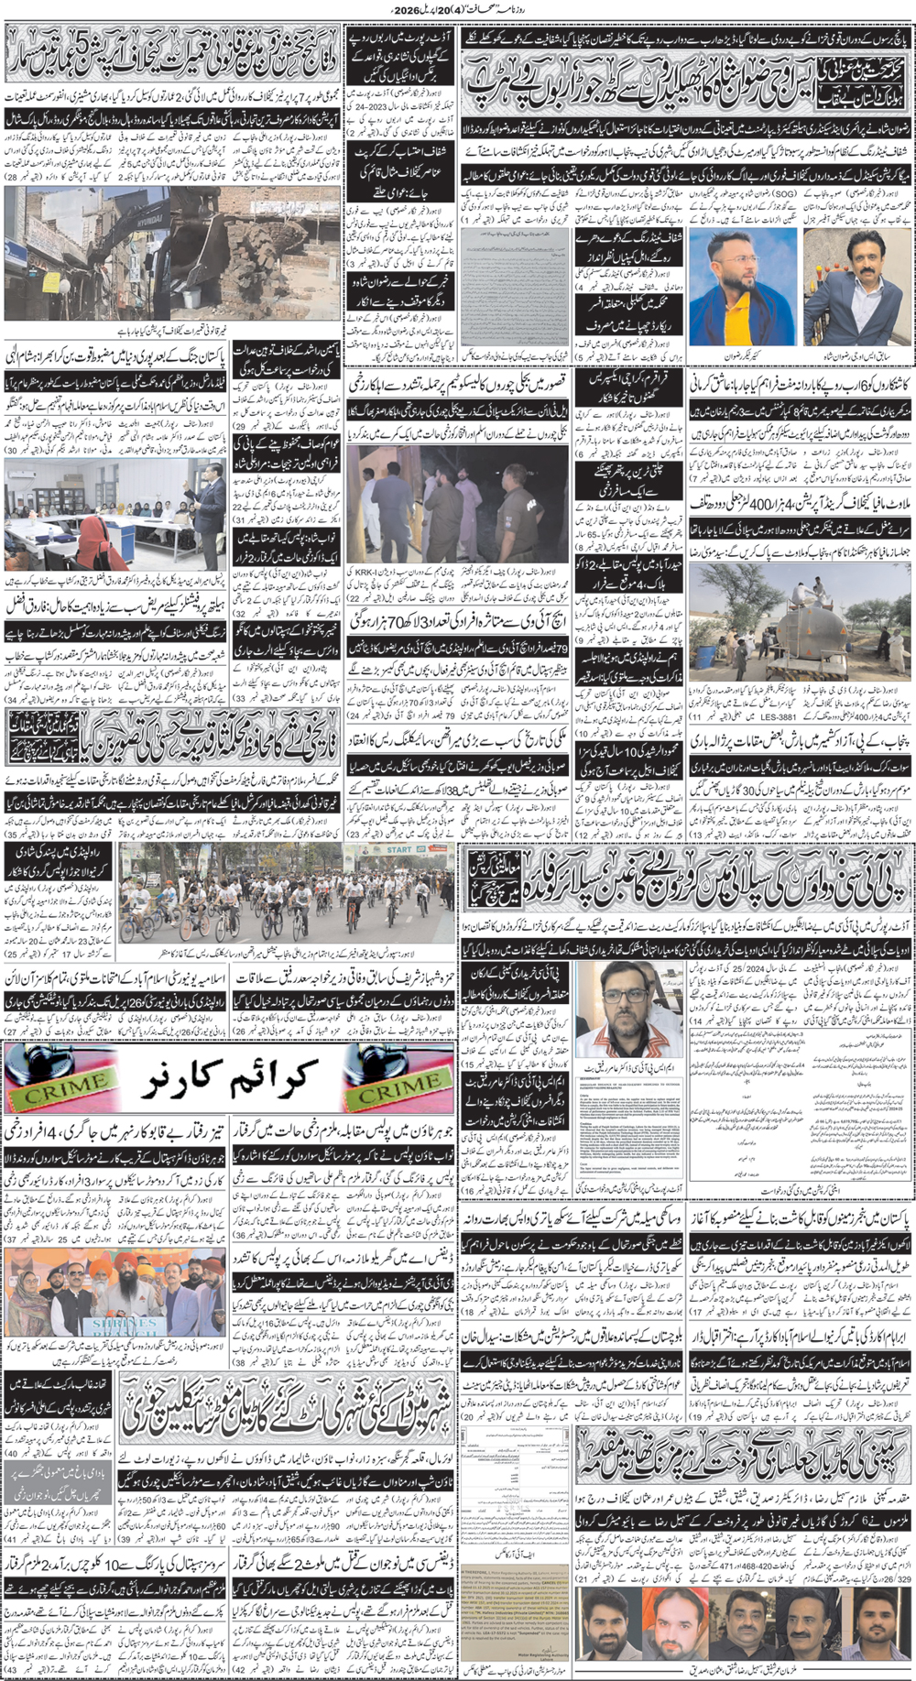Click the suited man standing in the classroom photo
point(210,499)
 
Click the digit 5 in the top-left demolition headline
point(83,41)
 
